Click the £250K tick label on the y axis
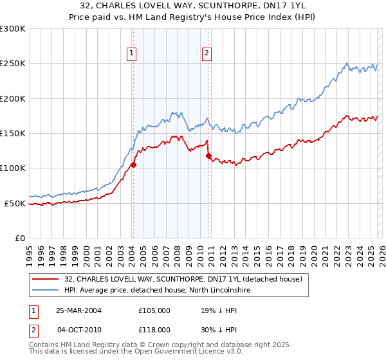pos(13,64)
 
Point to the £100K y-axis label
pos(13,168)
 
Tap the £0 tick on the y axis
pos(19,238)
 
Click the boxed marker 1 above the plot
pos(132,54)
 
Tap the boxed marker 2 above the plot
pos(207,54)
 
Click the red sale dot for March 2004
pos(134,165)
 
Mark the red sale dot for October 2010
pos(208,156)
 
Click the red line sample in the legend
pos(45,279)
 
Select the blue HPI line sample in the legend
pos(45,291)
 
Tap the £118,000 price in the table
pos(154,329)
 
